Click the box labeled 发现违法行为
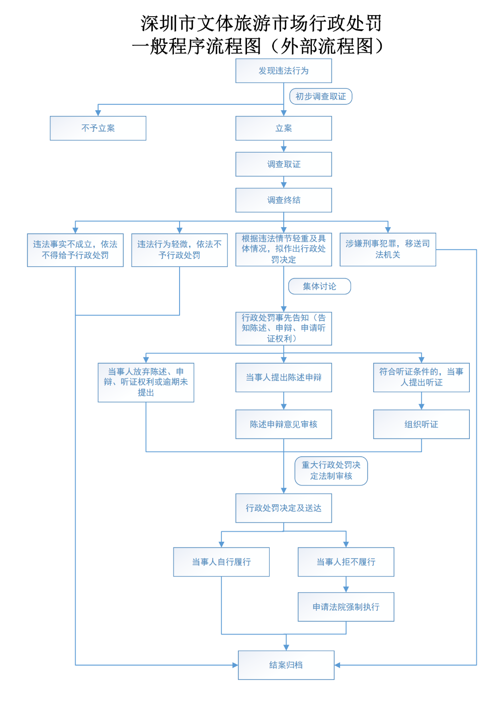click(284, 71)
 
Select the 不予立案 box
click(98, 128)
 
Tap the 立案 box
click(284, 128)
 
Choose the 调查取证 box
click(284, 164)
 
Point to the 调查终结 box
click(284, 200)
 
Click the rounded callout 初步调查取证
click(321, 96)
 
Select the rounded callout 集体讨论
click(319, 287)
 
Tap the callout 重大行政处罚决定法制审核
click(331, 471)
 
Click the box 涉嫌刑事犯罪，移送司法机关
click(388, 249)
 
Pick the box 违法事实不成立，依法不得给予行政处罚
click(75, 250)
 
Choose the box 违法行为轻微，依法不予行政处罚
click(180, 250)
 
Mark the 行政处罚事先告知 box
click(284, 328)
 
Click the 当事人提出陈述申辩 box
click(284, 378)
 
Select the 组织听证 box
click(422, 424)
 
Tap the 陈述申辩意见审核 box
click(284, 424)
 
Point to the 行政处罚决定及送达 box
click(284, 508)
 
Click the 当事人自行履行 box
click(221, 562)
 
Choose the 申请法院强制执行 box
click(346, 607)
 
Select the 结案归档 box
click(286, 665)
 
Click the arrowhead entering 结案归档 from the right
click(338, 665)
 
